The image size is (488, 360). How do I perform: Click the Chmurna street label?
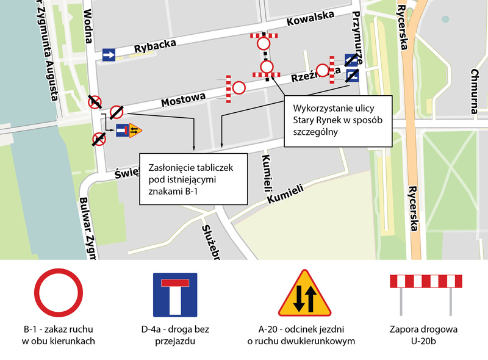pyautogui.click(x=474, y=92)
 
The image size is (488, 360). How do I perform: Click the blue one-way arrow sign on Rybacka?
pyautogui.click(x=109, y=55)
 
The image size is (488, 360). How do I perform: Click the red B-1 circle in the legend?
pyautogui.click(x=58, y=295)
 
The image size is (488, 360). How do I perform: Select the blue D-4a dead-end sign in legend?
pyautogui.click(x=174, y=295)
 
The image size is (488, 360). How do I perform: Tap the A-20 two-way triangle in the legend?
pyautogui.click(x=304, y=295)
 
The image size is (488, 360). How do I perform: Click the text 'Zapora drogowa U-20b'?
pyautogui.click(x=423, y=335)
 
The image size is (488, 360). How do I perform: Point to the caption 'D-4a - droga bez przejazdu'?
pyautogui.click(x=174, y=335)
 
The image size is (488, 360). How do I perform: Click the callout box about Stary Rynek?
pyautogui.click(x=337, y=120)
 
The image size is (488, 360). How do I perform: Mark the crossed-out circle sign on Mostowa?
pyautogui.click(x=117, y=112)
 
